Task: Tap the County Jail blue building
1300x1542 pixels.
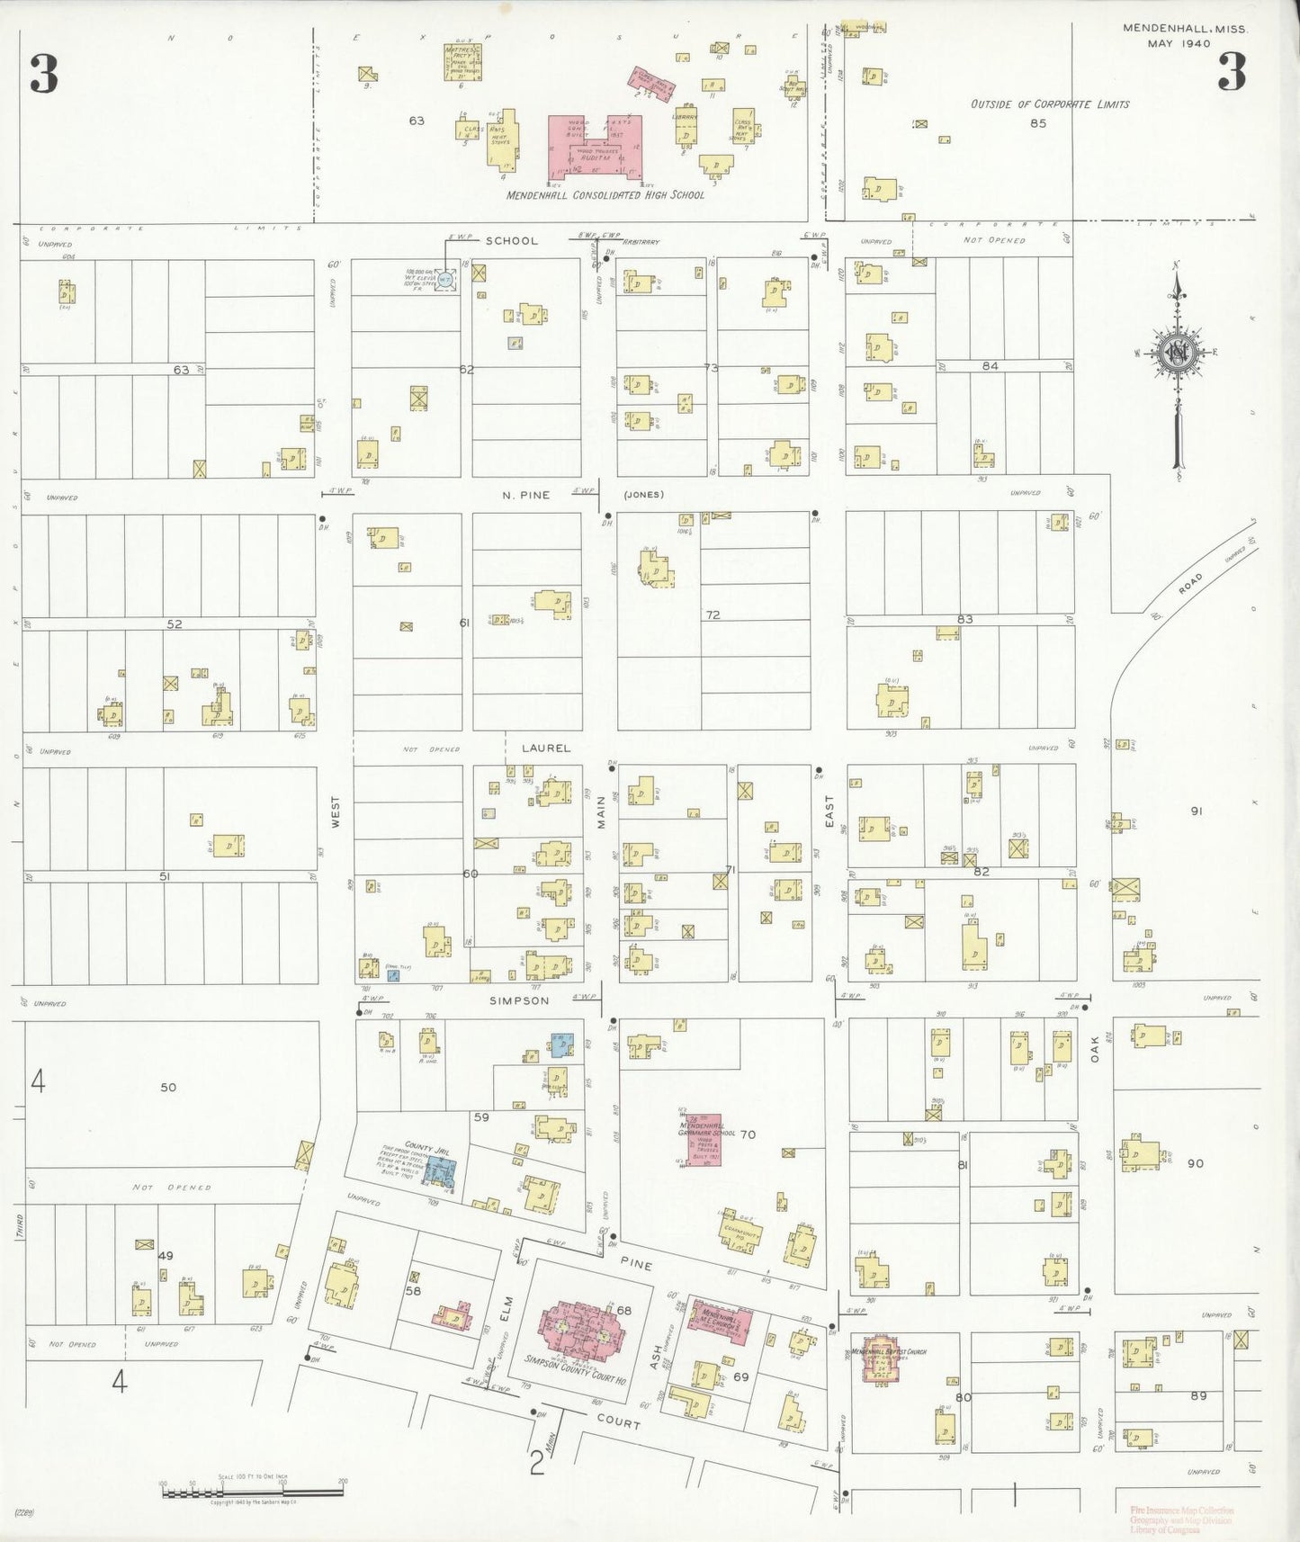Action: (x=441, y=1170)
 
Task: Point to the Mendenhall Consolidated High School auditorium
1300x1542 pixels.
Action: (x=595, y=146)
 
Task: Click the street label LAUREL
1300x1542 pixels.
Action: (x=545, y=748)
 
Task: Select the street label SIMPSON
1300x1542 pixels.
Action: (x=519, y=1000)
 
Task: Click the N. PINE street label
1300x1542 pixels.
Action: (x=526, y=495)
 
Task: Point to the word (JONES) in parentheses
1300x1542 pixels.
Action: (x=643, y=495)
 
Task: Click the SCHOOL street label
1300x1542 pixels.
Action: (x=511, y=241)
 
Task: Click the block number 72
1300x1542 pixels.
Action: (x=713, y=615)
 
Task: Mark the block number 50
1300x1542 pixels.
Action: (x=168, y=1087)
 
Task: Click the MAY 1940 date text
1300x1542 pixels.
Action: (x=1179, y=43)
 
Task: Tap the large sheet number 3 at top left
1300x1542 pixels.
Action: (x=44, y=75)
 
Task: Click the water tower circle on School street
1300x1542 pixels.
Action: (x=444, y=279)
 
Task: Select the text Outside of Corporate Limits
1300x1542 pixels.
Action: (x=1049, y=104)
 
